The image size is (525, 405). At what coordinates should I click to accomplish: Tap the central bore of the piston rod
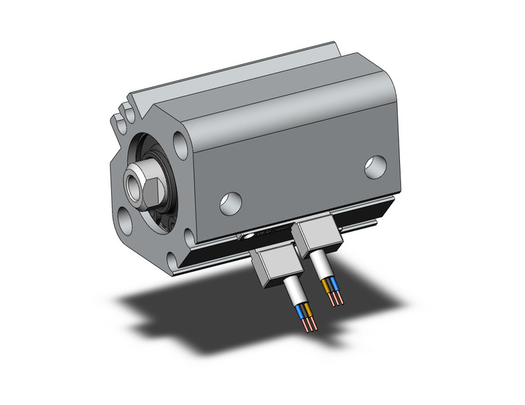[132, 186]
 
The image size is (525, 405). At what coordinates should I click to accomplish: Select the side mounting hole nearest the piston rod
[231, 201]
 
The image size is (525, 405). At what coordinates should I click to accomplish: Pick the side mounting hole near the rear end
[375, 167]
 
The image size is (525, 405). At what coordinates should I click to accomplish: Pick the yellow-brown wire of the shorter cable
[327, 284]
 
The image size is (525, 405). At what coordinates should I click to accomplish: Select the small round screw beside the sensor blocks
[249, 238]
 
